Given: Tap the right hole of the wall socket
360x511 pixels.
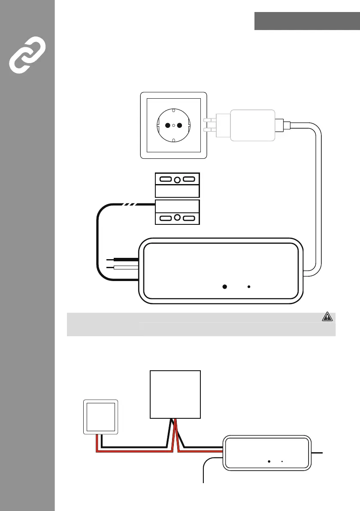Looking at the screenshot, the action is (x=180, y=126).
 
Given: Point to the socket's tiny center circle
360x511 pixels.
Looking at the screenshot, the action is (x=174, y=126).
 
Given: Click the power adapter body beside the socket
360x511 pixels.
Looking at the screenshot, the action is (x=253, y=125).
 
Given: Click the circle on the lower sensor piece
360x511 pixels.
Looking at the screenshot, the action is (x=177, y=218).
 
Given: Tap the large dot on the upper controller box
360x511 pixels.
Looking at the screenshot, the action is (x=224, y=286).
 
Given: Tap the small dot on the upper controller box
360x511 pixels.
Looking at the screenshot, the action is (x=249, y=286).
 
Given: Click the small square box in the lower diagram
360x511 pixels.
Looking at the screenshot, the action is (x=101, y=416).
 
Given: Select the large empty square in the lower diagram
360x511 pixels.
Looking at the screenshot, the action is (x=175, y=394).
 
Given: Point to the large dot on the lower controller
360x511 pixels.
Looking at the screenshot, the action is (x=269, y=462).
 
